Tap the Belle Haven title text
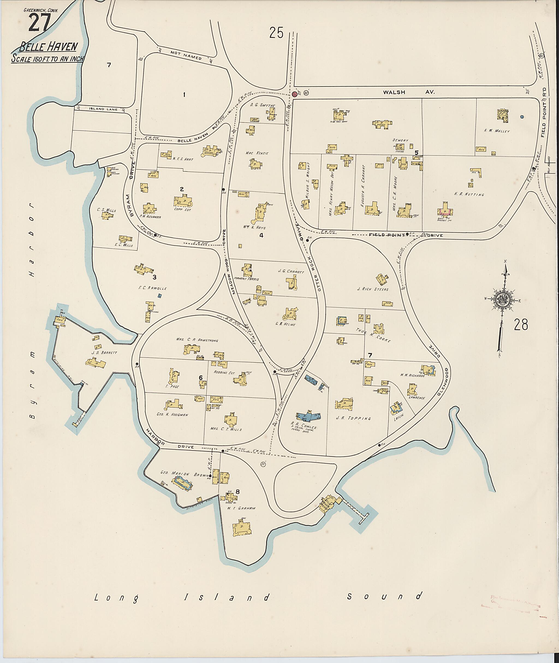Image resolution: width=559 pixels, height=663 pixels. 48,47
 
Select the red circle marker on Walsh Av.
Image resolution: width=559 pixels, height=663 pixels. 295,94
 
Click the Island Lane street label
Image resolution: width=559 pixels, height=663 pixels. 103,109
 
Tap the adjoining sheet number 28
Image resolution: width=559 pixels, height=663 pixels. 521,325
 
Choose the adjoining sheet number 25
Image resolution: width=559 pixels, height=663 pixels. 276,33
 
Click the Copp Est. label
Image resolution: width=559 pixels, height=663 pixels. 181,209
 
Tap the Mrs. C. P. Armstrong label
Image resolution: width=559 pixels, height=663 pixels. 197,340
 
